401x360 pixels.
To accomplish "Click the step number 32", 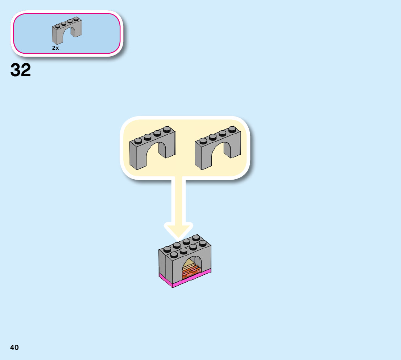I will click(x=21, y=70).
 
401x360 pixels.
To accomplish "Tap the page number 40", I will click(x=15, y=347).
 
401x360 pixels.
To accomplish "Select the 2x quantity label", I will click(x=55, y=48).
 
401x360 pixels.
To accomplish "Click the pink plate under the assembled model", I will click(x=185, y=279).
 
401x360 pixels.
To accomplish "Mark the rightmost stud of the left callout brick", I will click(x=167, y=129).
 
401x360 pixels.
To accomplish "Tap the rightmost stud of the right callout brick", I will click(x=232, y=129).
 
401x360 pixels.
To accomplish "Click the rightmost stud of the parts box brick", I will click(x=76, y=19).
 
